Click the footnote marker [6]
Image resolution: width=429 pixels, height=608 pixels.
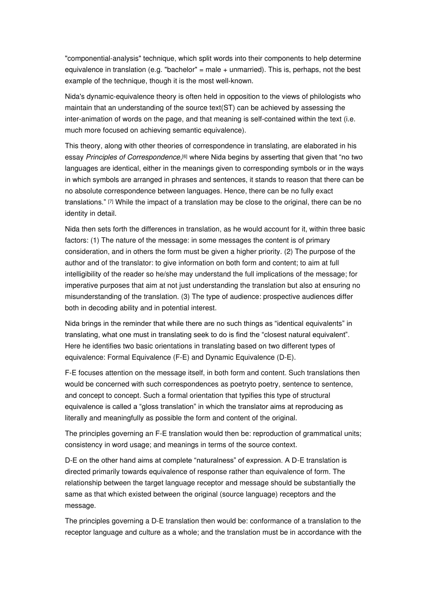[x=184, y=156]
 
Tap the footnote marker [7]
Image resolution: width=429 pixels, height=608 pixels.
[x=111, y=201]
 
